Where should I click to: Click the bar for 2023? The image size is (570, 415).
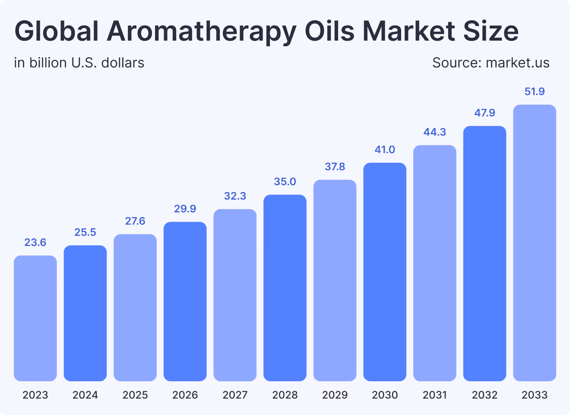[x=35, y=318]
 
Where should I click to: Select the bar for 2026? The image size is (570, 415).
[x=185, y=301]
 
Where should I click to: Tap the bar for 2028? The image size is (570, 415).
[x=285, y=288]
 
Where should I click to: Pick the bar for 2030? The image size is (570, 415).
[x=385, y=272]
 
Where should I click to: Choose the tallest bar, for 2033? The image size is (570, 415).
[x=535, y=243]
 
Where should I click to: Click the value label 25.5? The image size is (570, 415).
[x=85, y=233]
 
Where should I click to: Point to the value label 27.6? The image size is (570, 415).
[x=135, y=221]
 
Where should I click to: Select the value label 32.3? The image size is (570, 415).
[x=235, y=196]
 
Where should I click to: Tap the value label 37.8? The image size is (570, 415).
[x=335, y=167]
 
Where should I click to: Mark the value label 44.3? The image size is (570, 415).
[x=434, y=132]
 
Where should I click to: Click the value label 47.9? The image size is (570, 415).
[x=484, y=113]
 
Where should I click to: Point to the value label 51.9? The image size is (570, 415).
[x=535, y=92]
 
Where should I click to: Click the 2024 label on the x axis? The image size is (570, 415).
[x=85, y=395]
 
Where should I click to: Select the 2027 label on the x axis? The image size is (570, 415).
[x=235, y=395]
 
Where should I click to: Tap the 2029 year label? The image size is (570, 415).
[x=335, y=395]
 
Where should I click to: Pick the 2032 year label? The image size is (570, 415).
[x=484, y=395]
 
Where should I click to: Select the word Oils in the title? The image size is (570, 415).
[x=329, y=31]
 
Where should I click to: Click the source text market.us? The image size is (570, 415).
[x=517, y=63]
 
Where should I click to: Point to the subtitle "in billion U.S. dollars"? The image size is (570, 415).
[x=79, y=63]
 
